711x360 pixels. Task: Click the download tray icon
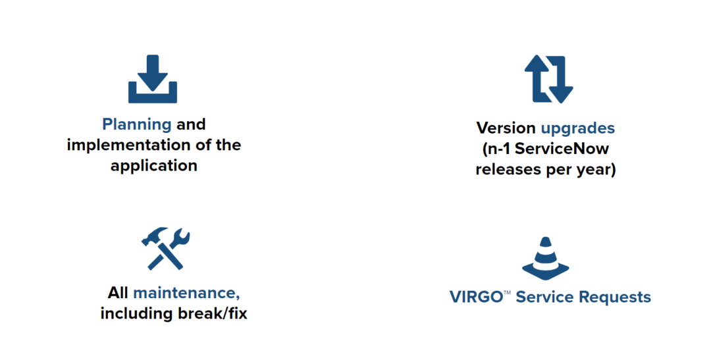tap(153, 80)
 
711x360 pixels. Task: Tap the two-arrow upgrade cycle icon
tap(549, 79)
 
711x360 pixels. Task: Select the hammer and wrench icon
tap(165, 248)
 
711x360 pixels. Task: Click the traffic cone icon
tap(545, 258)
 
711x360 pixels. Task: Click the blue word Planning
tap(137, 124)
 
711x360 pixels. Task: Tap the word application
tap(154, 165)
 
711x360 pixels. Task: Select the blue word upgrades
tap(577, 128)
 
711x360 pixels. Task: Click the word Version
tap(506, 128)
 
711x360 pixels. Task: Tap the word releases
tap(506, 169)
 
